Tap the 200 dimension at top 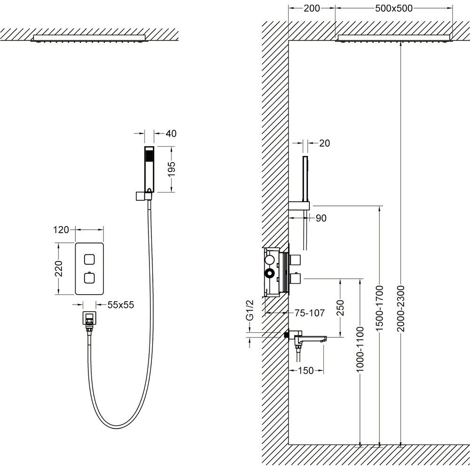(312, 8)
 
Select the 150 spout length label (306, 371)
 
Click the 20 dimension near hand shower (324, 143)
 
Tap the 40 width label (171, 134)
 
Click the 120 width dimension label (62, 230)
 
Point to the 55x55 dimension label (121, 305)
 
